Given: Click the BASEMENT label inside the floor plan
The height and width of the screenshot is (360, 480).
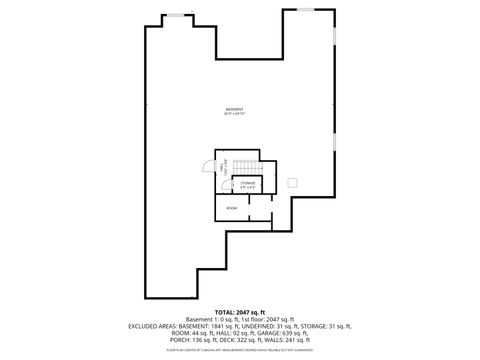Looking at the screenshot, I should [234, 108].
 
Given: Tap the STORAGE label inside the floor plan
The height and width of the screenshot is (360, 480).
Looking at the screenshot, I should [248, 183].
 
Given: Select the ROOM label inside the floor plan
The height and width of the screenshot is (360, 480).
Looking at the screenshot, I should [232, 207].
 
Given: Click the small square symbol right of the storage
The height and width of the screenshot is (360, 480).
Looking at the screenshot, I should [292, 182].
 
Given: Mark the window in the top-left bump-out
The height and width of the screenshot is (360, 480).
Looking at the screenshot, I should [180, 14].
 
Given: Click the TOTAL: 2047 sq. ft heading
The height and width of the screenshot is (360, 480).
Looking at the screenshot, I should [239, 311].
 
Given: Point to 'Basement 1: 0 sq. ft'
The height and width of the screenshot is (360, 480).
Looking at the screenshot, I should [207, 319].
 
